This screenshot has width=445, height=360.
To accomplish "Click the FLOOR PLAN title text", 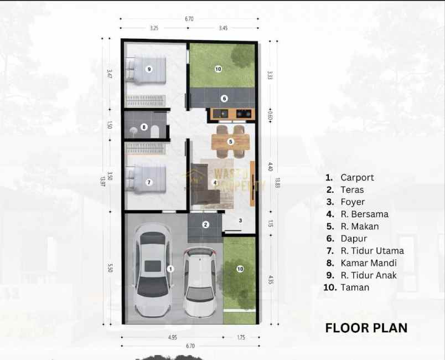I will click(x=366, y=328).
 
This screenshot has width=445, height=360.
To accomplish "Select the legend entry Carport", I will click(x=357, y=178).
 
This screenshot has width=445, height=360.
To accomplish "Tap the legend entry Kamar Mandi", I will click(x=369, y=263).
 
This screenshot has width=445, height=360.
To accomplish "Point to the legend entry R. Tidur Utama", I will click(x=372, y=251).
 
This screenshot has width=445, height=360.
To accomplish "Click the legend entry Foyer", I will click(x=353, y=202).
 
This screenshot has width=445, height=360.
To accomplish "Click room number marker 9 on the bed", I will click(x=149, y=69).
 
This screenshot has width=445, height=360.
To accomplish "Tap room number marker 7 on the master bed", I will click(x=149, y=182).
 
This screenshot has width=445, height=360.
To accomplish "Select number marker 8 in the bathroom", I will click(x=144, y=127).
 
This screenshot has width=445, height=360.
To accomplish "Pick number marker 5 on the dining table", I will click(x=231, y=142).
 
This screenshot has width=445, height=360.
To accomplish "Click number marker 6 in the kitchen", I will click(x=224, y=99).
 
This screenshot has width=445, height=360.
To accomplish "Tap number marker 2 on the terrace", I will click(x=205, y=224).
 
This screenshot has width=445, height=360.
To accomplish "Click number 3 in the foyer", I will click(x=240, y=220).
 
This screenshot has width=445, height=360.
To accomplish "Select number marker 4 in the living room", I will click(x=215, y=182).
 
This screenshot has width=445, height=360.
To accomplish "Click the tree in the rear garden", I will click(x=242, y=56).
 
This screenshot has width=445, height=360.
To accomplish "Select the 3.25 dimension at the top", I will click(x=154, y=27).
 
